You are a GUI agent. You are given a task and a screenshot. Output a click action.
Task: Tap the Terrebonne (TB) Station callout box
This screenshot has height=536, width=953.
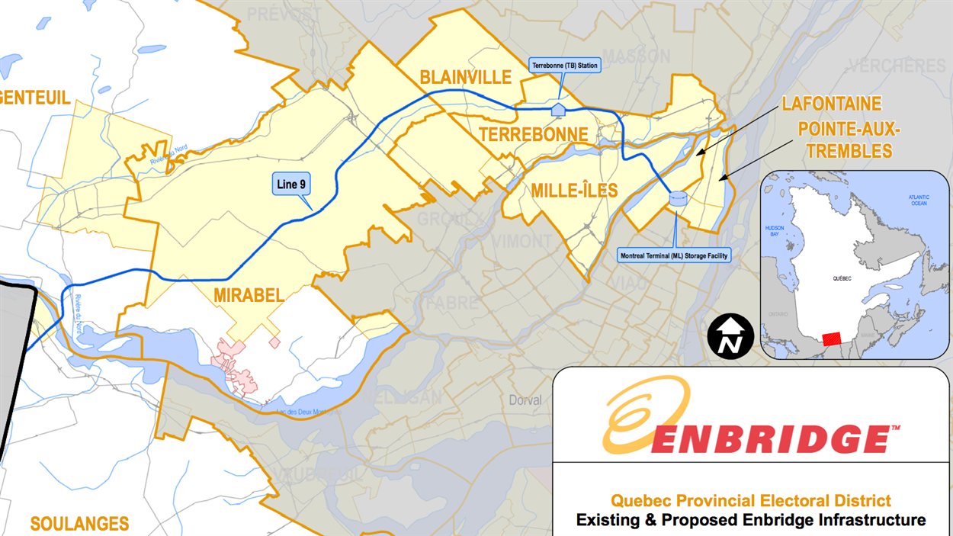[x=565, y=66]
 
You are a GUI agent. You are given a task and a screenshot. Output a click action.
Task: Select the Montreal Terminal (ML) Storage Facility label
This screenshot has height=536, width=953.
[x=674, y=256]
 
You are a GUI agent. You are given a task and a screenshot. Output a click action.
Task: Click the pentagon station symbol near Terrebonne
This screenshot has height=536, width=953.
[x=558, y=109]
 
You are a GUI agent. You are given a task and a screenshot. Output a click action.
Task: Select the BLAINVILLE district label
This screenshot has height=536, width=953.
[x=465, y=77]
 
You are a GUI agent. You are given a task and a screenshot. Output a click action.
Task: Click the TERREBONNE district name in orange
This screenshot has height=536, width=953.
[x=533, y=135]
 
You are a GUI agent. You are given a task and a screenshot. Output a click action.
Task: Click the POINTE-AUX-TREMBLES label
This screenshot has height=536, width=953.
[x=849, y=140]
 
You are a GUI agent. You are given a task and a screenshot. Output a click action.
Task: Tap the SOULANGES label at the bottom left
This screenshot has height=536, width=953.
[x=79, y=523]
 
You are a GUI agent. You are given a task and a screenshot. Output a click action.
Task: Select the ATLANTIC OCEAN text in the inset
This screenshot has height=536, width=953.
[x=918, y=200]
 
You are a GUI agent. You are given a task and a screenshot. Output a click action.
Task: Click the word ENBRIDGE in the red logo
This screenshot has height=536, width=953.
[x=770, y=438]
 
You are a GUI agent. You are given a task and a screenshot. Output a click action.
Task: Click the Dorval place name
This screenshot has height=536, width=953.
[x=525, y=400]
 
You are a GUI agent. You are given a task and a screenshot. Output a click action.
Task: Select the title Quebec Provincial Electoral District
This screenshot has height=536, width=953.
[x=750, y=501]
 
